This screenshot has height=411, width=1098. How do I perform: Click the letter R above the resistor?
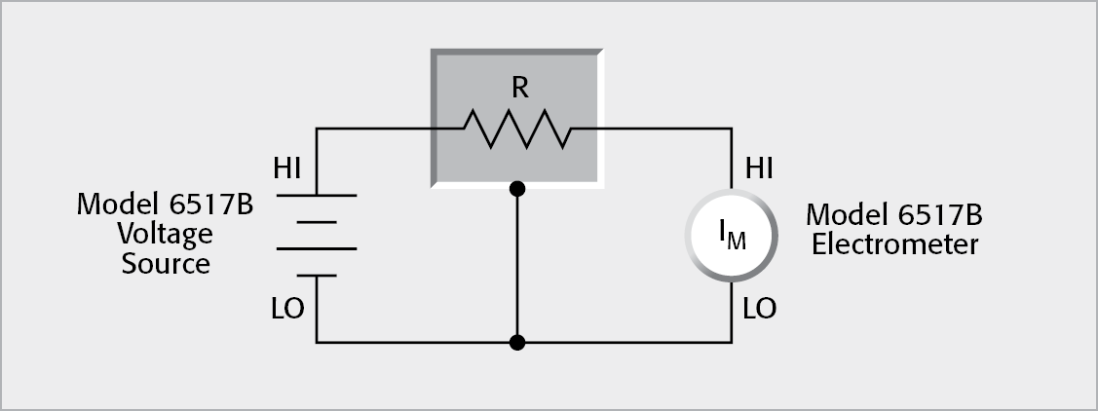(x=519, y=88)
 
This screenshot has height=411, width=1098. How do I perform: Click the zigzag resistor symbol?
(x=517, y=129)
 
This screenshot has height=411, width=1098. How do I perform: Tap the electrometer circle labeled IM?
(x=732, y=235)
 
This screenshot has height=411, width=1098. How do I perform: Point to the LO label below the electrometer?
(x=759, y=309)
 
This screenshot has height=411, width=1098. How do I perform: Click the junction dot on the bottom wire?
(x=518, y=342)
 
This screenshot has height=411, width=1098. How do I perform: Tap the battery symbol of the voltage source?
(x=317, y=235)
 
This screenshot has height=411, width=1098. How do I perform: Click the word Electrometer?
(x=894, y=243)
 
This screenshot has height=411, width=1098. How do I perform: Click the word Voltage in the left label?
(x=165, y=235)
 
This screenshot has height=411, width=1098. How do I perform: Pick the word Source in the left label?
(x=166, y=263)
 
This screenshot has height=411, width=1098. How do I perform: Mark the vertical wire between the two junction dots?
(x=518, y=265)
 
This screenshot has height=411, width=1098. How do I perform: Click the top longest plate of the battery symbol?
(x=317, y=195)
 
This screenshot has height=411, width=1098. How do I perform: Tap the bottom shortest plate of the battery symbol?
(x=317, y=276)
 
